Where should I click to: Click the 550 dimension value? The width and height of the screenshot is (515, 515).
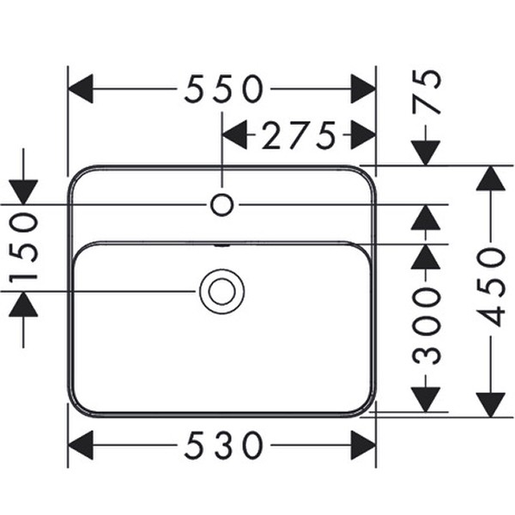click(x=224, y=88)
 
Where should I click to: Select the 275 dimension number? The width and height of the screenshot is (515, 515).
click(x=299, y=135)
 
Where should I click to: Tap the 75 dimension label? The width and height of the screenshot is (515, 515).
click(x=427, y=93)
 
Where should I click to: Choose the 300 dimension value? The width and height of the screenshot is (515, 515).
click(x=427, y=326)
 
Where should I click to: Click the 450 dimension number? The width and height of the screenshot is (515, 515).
click(x=490, y=287)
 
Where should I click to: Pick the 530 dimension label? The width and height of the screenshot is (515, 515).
click(x=224, y=445)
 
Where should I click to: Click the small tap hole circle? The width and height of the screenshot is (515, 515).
click(x=222, y=204)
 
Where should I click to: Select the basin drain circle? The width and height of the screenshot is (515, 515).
click(x=222, y=291)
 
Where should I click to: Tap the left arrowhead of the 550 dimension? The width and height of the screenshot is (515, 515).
click(x=80, y=88)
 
